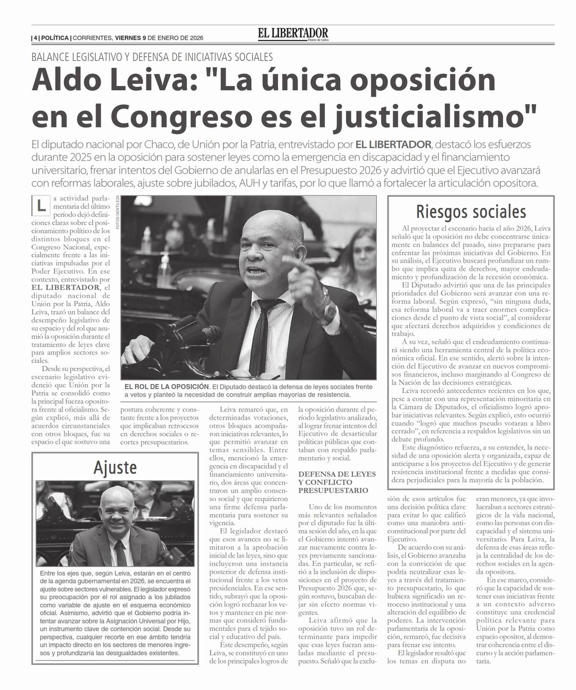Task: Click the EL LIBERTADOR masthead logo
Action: pyautogui.click(x=293, y=34)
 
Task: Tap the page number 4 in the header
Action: pyautogui.click(x=36, y=38)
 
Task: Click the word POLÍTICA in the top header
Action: pyautogui.click(x=54, y=38)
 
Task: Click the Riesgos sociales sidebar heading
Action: pyautogui.click(x=471, y=211)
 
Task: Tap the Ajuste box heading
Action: pyautogui.click(x=115, y=467)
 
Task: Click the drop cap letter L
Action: pyautogui.click(x=41, y=206)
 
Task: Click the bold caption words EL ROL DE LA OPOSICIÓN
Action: pyautogui.click(x=167, y=387)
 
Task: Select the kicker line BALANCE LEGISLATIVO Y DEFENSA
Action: pyautogui.click(x=152, y=57)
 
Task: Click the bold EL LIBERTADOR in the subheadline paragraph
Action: pyautogui.click(x=393, y=145)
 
